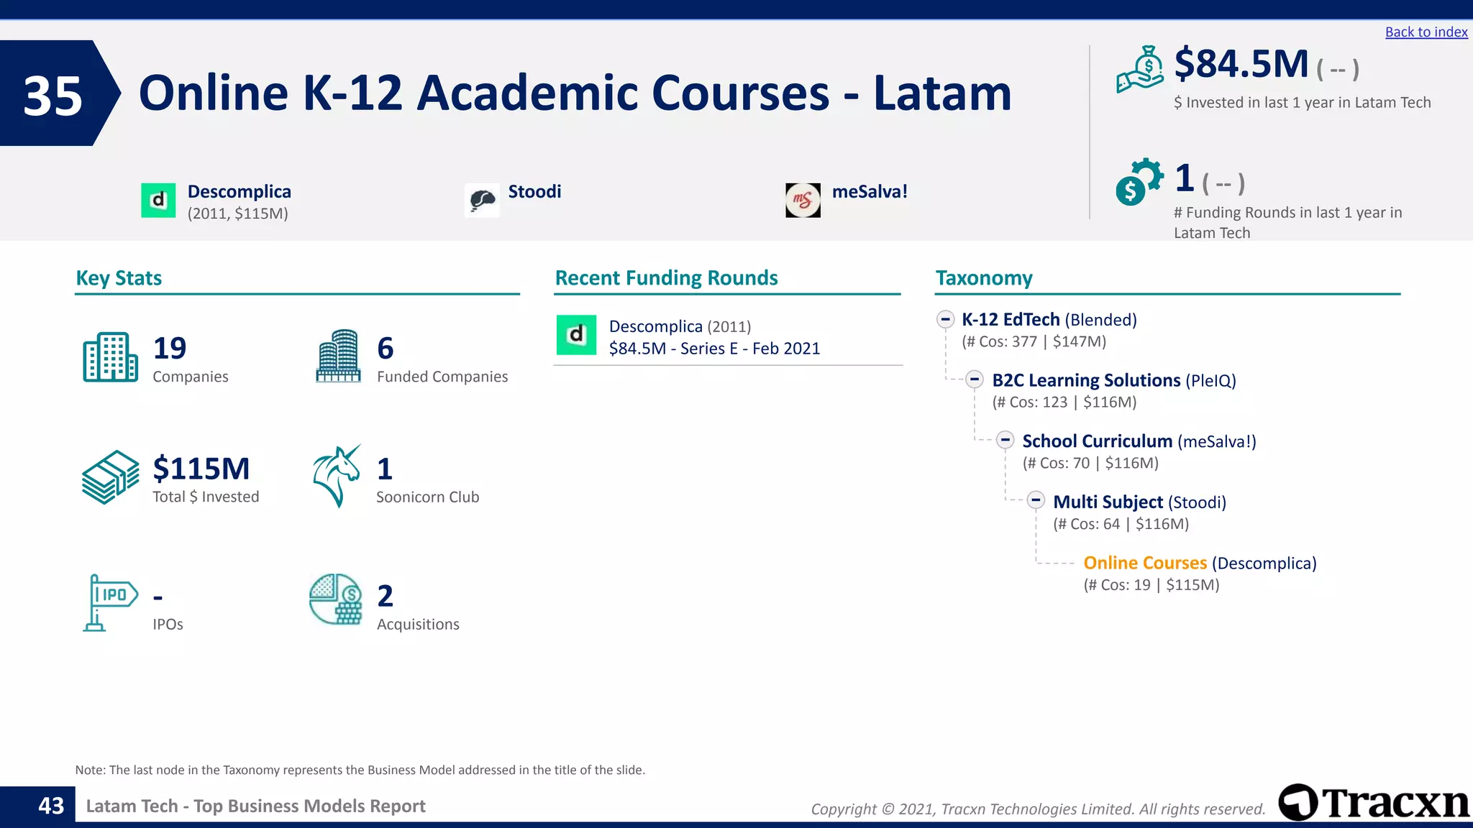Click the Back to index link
point(1426,32)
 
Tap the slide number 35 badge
point(54,94)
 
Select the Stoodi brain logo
point(482,201)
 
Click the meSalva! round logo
point(803,201)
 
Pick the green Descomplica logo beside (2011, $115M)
point(158,201)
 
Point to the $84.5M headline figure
point(1241,65)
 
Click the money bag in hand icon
point(1140,70)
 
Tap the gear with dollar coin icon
point(1139,182)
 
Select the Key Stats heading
point(119,278)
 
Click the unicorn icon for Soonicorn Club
point(336,475)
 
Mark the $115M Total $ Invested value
point(201,469)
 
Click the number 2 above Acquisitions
point(386,596)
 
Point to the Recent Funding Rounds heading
point(666,278)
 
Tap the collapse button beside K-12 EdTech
point(946,319)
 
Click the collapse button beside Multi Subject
point(1036,500)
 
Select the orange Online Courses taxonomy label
point(1145,563)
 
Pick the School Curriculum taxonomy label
point(1097,441)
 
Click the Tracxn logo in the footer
point(1374,803)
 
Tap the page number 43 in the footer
point(51,806)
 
